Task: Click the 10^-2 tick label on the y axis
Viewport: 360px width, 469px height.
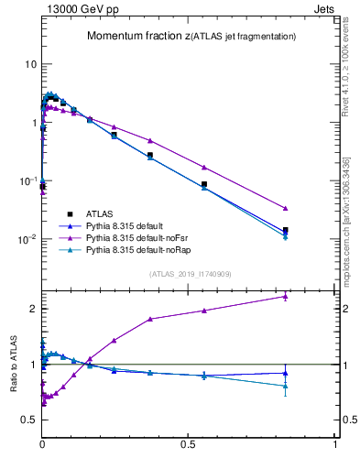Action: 27,240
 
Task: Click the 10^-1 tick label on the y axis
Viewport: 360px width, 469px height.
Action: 27,181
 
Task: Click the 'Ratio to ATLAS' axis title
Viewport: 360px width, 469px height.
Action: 13,364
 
